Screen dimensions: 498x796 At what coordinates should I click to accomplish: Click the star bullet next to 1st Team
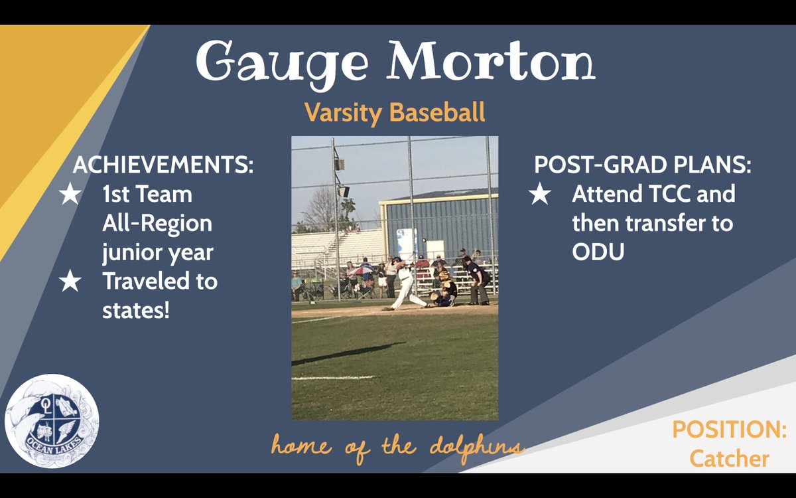click(70, 195)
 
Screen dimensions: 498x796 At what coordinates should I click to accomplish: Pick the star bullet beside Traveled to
click(70, 282)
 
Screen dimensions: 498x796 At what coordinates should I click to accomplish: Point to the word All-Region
click(157, 224)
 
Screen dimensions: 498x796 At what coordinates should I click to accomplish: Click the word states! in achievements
click(136, 309)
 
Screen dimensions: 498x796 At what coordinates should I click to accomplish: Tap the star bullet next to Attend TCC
click(539, 195)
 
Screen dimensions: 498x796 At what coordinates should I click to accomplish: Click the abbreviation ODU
click(598, 252)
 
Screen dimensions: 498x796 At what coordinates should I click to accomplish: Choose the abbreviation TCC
click(665, 195)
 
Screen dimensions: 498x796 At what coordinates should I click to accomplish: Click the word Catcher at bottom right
click(729, 458)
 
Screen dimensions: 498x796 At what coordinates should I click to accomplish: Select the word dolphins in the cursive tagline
click(480, 446)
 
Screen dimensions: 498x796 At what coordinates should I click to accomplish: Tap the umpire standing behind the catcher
click(478, 279)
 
